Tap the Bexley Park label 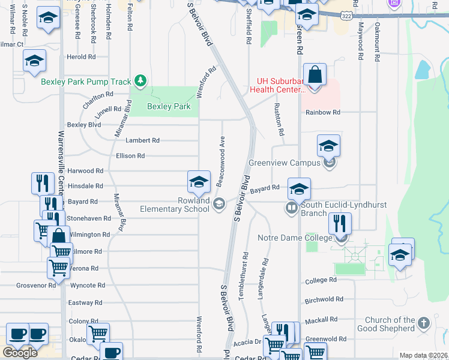pyautogui.click(x=169, y=107)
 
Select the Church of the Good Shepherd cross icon pyautogui.click(x=423, y=323)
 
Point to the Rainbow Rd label pyautogui.click(x=322, y=113)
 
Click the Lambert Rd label pyautogui.click(x=142, y=140)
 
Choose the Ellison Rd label pyautogui.click(x=130, y=156)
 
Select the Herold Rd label pyautogui.click(x=82, y=57)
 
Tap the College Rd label pyautogui.click(x=321, y=281)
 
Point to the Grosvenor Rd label pyautogui.click(x=36, y=286)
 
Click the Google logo pyautogui.click(x=20, y=353)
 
